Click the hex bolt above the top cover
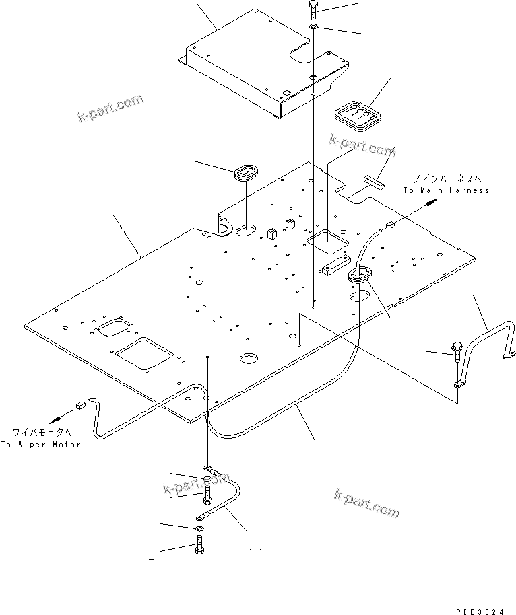314,11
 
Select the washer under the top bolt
314,27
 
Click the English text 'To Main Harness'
446,190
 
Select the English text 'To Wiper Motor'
40,445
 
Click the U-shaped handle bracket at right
486,347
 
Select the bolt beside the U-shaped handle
456,353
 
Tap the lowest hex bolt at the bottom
199,548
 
